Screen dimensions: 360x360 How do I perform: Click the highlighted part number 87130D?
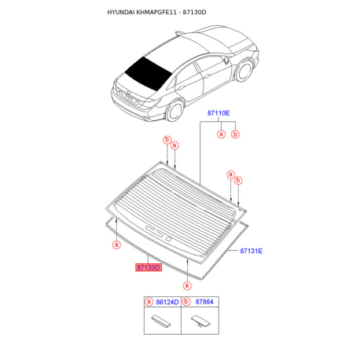click(x=149, y=267)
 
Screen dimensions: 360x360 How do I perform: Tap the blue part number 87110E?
click(x=219, y=113)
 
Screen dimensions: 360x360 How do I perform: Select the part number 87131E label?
click(x=251, y=251)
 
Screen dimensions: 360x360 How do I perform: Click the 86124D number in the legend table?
click(x=167, y=302)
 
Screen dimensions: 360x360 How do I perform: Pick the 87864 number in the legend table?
click(x=204, y=302)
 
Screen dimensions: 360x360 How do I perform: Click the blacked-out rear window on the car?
click(x=148, y=73)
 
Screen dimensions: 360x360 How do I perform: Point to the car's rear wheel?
click(x=174, y=110)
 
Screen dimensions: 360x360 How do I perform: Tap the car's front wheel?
click(x=244, y=71)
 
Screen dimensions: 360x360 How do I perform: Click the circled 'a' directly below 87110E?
click(x=221, y=134)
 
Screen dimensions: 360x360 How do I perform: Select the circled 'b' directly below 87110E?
click(x=235, y=134)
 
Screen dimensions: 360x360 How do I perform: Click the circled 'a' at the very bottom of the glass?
click(x=187, y=285)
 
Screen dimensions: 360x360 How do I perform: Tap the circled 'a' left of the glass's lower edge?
click(x=116, y=244)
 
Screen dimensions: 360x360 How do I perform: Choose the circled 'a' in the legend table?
click(x=149, y=302)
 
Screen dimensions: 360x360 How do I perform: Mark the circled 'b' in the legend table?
click(x=186, y=302)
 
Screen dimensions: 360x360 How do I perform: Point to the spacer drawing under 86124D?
click(x=161, y=321)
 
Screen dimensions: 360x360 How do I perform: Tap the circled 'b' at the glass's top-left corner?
click(x=167, y=140)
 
